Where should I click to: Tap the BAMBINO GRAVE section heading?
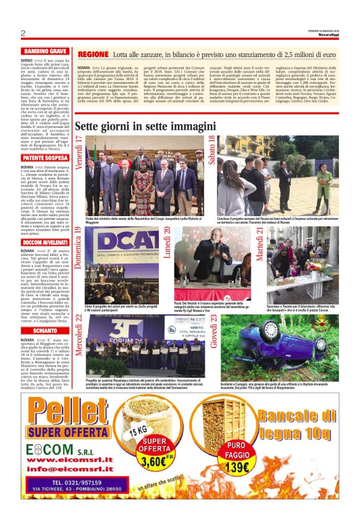(x=45, y=51)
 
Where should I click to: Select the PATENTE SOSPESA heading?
(x=45, y=158)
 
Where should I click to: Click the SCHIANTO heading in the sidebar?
(x=45, y=332)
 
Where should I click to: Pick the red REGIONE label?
(x=93, y=55)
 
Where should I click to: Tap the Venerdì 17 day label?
(x=79, y=152)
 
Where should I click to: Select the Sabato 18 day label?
(x=213, y=151)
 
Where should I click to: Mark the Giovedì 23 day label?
(x=213, y=327)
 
